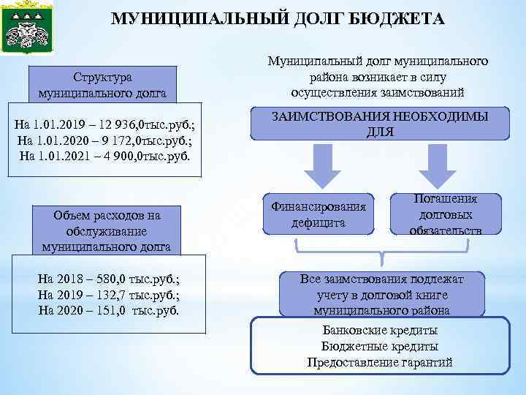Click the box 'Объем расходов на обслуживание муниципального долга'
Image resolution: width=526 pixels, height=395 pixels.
[x=107, y=230]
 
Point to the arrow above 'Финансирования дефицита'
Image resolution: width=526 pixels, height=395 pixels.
[x=321, y=166]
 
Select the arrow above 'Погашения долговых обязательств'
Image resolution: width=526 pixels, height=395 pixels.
[x=442, y=166]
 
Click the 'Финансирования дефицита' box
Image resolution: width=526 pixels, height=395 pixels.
[x=319, y=214]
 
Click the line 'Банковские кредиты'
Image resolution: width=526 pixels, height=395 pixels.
[x=381, y=330]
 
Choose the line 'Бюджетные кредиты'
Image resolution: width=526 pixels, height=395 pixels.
[x=381, y=346]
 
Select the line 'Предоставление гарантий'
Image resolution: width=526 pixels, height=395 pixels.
[x=381, y=362]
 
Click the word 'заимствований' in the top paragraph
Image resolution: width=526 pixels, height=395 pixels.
[x=424, y=92]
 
